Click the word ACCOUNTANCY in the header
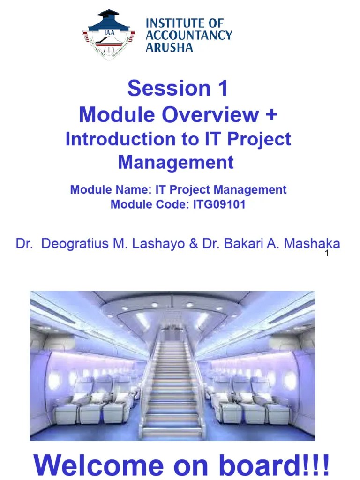pyautogui.click(x=189, y=35)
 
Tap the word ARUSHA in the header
pyautogui.click(x=169, y=47)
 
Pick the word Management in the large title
pyautogui.click(x=176, y=162)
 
